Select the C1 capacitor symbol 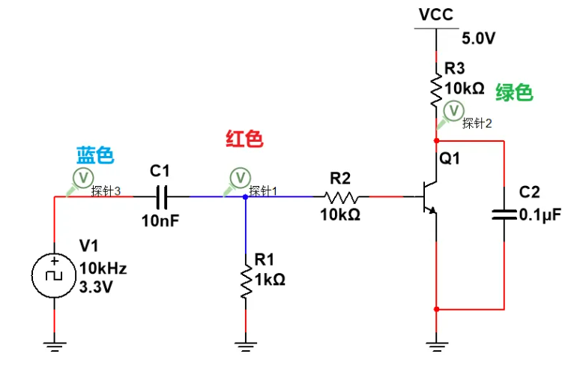[x=162, y=197]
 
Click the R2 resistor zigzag [x=342, y=197]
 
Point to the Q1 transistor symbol [x=429, y=196]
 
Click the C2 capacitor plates [x=504, y=214]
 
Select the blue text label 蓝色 [x=94, y=155]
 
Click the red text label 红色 [x=244, y=139]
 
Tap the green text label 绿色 [x=514, y=92]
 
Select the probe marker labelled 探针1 [x=239, y=177]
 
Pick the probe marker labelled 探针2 [x=454, y=111]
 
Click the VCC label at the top [x=435, y=14]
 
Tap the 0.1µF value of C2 [x=540, y=214]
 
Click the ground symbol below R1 [x=245, y=346]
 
